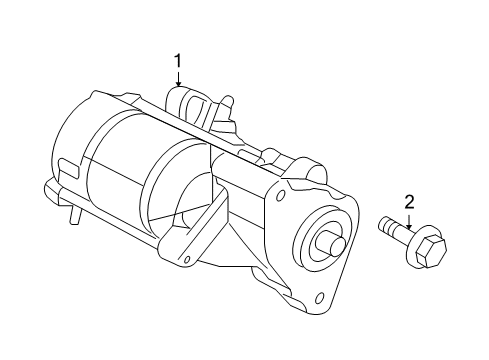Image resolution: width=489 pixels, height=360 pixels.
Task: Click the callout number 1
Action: (178, 62)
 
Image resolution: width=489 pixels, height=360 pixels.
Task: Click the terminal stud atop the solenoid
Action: (229, 102)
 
